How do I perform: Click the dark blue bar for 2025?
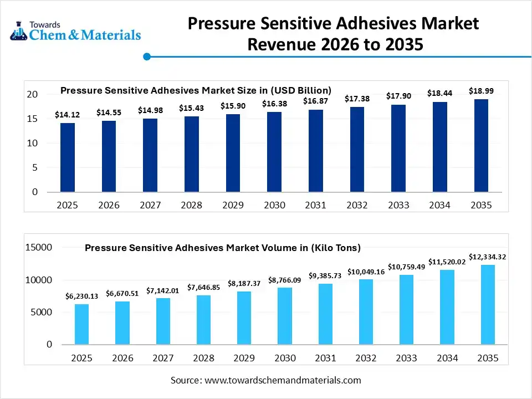pyautogui.click(x=68, y=157)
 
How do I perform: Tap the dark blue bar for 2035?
pyautogui.click(x=481, y=145)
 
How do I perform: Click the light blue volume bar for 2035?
pyautogui.click(x=488, y=305)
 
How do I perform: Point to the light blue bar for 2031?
pyautogui.click(x=325, y=314)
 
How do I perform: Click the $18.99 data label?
pyautogui.click(x=480, y=90)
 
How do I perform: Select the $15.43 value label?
pyautogui.click(x=191, y=108)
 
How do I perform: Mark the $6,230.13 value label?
pyautogui.click(x=81, y=296)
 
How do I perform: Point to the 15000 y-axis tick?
pyautogui.click(x=38, y=248)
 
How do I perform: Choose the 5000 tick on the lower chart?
pyautogui.click(x=42, y=312)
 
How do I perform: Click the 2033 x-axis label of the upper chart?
pyautogui.click(x=398, y=205)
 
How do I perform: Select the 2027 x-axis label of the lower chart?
pyautogui.click(x=163, y=358)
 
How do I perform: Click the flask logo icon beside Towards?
pyautogui.click(x=18, y=30)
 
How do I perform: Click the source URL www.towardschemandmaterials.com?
pyautogui.click(x=283, y=380)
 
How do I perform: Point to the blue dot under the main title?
pyautogui.click(x=147, y=57)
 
